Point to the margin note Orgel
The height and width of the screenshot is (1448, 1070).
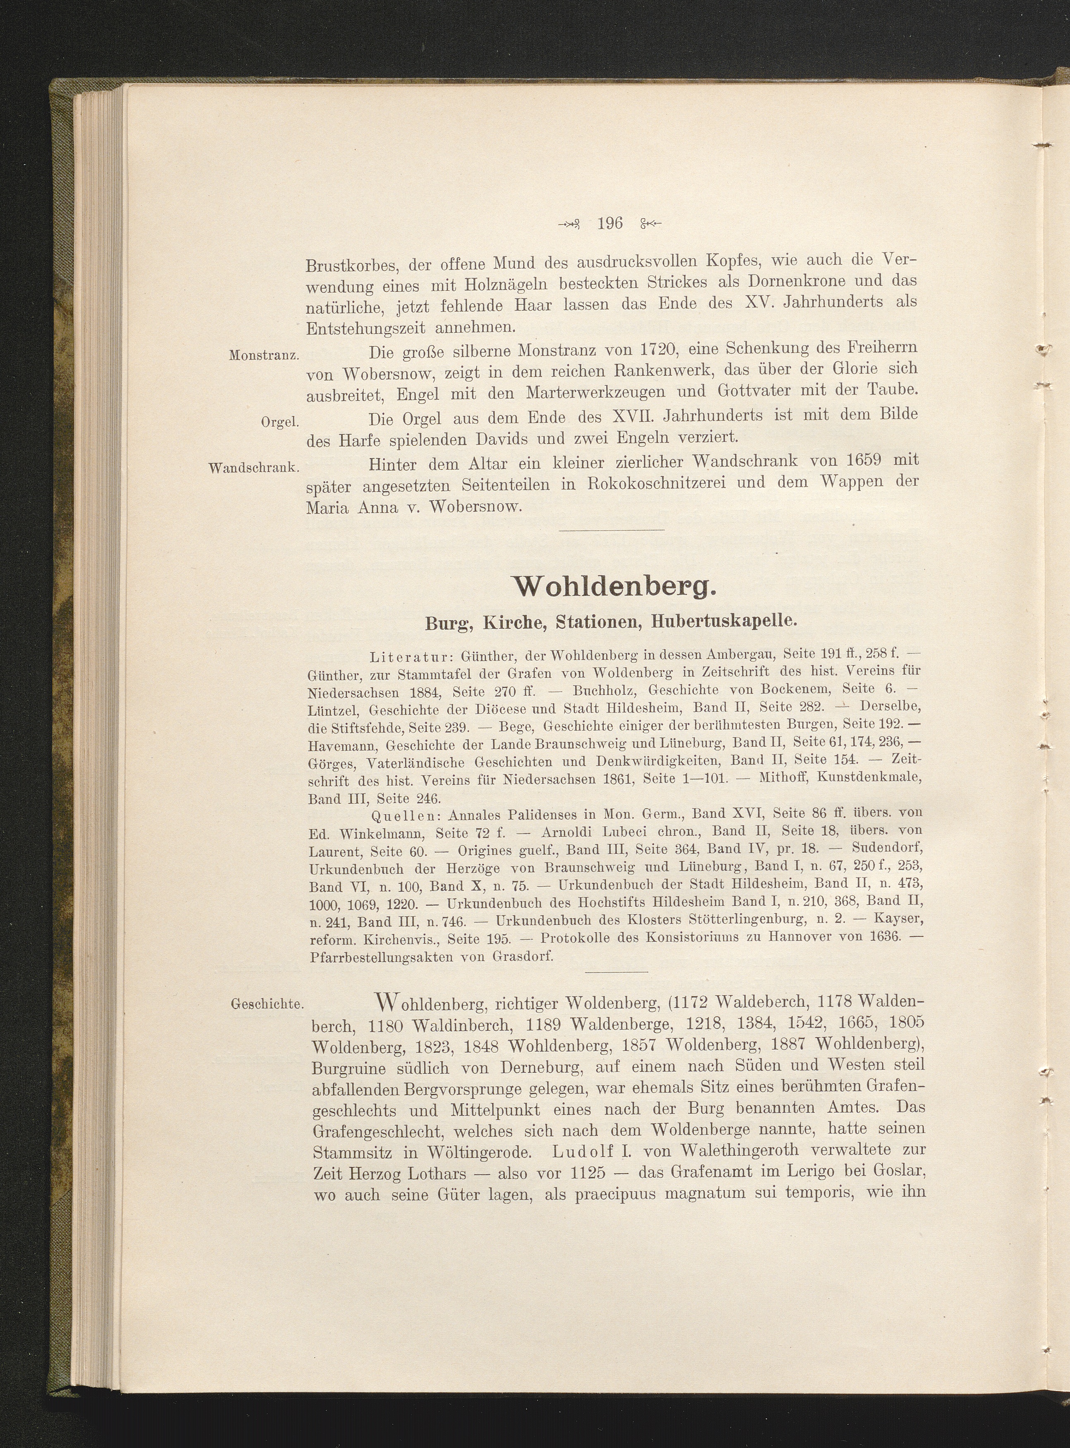tap(279, 422)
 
